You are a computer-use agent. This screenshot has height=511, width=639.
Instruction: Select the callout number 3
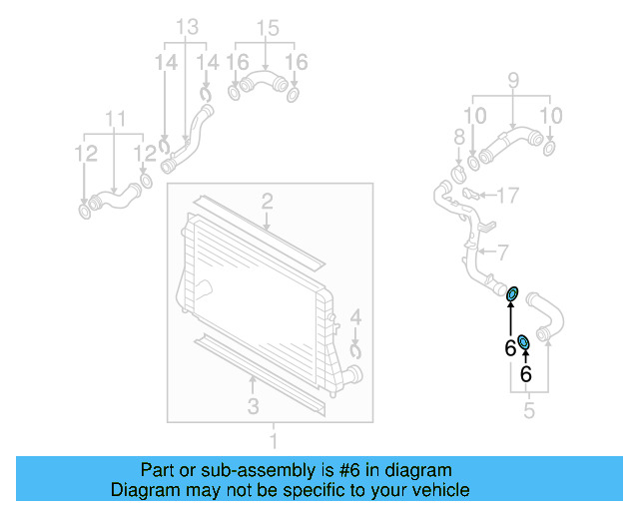pyautogui.click(x=254, y=405)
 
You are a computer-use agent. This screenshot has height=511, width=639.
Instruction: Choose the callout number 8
pyautogui.click(x=459, y=136)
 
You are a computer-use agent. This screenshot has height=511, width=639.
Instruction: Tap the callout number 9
pyautogui.click(x=513, y=79)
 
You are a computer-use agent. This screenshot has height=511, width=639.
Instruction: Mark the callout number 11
pyautogui.click(x=116, y=120)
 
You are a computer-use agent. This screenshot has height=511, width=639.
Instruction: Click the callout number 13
pyautogui.click(x=187, y=26)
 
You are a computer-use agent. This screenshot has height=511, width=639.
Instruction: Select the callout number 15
pyautogui.click(x=265, y=26)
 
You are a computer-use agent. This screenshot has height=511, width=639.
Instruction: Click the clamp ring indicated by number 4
pyautogui.click(x=356, y=349)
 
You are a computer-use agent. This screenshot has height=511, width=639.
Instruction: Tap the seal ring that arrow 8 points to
pyautogui.click(x=460, y=176)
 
